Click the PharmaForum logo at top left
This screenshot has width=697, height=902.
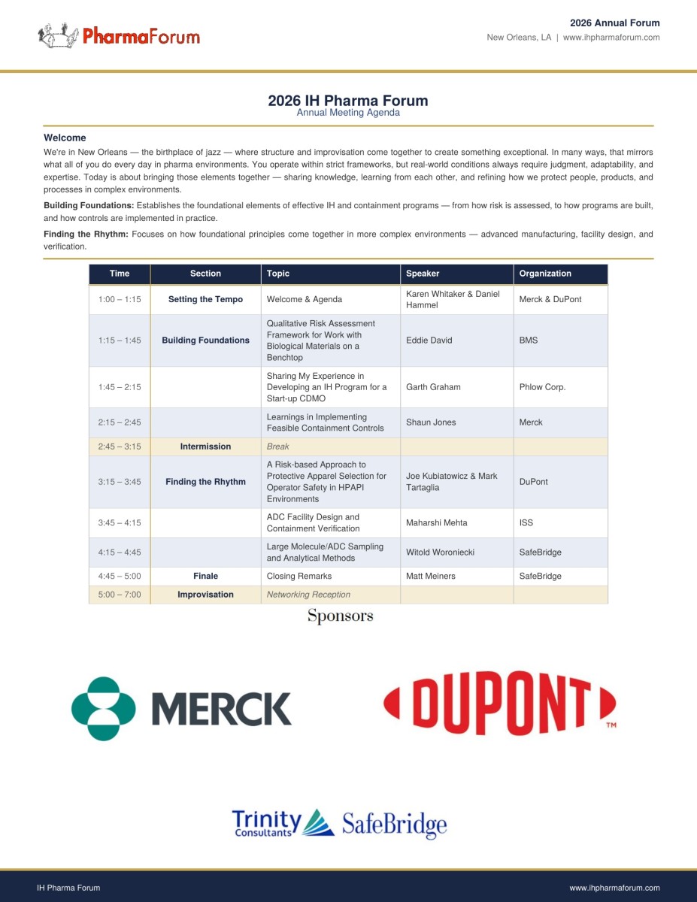click(x=119, y=35)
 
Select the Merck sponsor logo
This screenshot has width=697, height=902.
click(x=181, y=708)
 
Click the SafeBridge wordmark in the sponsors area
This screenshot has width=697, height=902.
click(x=394, y=825)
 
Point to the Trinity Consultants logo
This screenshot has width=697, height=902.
click(x=283, y=823)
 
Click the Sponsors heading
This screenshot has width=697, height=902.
click(x=340, y=616)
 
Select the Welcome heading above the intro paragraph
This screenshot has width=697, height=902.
click(x=65, y=138)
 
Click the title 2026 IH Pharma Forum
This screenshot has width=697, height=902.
click(x=348, y=101)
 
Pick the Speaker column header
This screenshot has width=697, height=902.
click(x=423, y=274)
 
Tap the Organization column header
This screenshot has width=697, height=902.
click(x=545, y=274)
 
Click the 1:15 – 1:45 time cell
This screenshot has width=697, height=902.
click(x=120, y=341)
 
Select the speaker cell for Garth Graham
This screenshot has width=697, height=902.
click(x=433, y=387)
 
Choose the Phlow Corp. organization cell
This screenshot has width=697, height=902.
click(x=542, y=387)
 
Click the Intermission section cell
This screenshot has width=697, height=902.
click(x=205, y=446)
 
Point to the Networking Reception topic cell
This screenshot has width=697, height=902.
click(x=308, y=595)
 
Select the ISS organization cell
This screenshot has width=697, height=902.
click(x=526, y=522)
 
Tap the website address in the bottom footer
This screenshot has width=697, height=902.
click(x=614, y=888)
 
